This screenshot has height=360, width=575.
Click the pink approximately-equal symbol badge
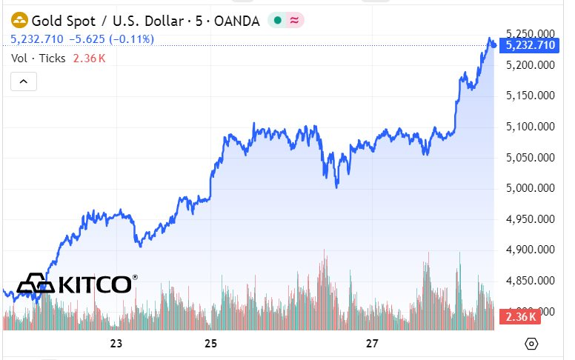pyautogui.click(x=294, y=21)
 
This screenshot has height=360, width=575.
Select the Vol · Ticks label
pyautogui.click(x=39, y=58)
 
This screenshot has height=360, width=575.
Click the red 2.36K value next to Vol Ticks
pyautogui.click(x=89, y=58)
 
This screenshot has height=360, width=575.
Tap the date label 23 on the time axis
pyautogui.click(x=116, y=343)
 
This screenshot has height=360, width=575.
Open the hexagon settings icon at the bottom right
pyautogui.click(x=531, y=343)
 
